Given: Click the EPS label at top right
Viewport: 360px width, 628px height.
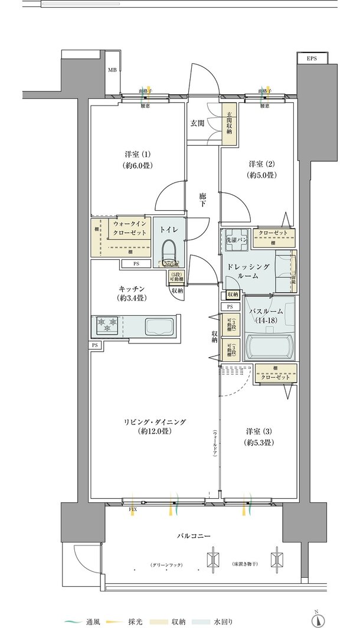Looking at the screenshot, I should point(311,58).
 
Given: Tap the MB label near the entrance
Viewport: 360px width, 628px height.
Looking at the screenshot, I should point(112,70).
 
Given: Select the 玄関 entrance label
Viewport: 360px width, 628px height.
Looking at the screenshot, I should point(197,123).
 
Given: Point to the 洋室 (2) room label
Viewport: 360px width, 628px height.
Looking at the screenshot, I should point(260,169).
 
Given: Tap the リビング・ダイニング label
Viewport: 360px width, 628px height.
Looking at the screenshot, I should point(155,426).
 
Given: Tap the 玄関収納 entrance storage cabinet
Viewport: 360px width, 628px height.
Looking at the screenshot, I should point(228,123).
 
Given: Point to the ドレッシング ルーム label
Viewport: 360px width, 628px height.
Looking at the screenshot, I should point(249,272).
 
